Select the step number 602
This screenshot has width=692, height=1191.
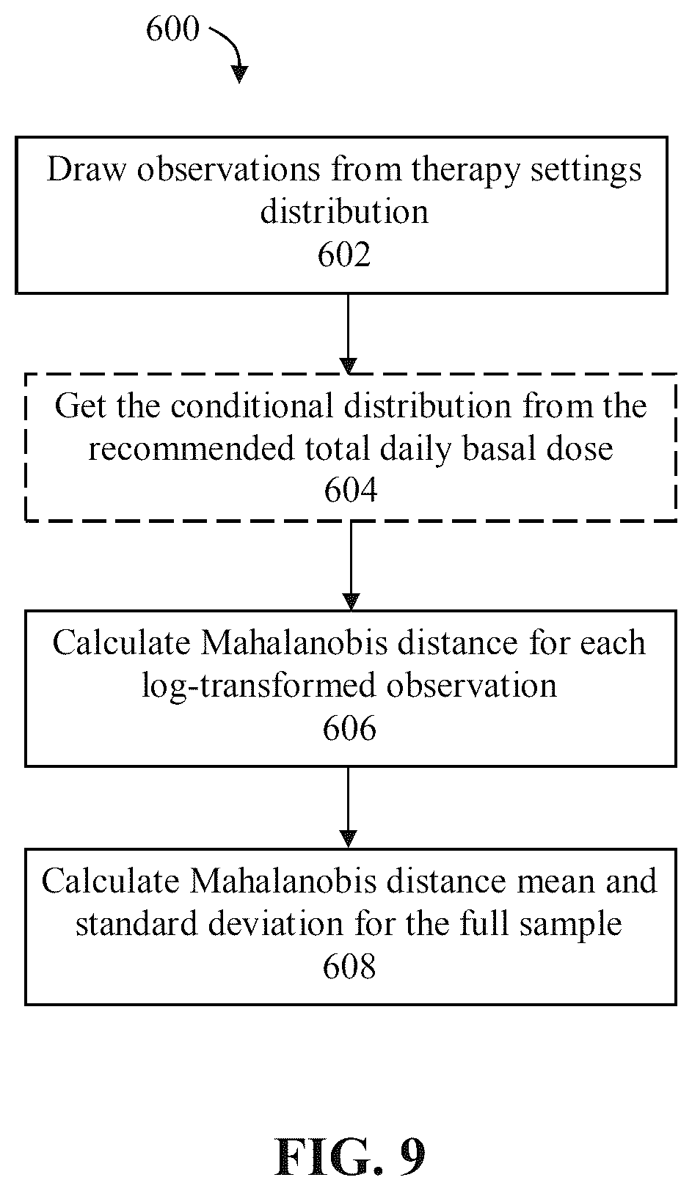click(x=343, y=254)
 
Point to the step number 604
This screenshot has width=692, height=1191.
click(x=351, y=490)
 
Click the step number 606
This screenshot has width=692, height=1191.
click(x=349, y=728)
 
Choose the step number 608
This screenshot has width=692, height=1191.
click(x=349, y=966)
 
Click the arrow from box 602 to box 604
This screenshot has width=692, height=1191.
click(x=348, y=334)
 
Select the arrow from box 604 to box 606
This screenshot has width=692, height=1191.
click(x=351, y=566)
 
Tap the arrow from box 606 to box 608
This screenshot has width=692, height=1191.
click(x=349, y=807)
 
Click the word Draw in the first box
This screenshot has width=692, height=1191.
click(x=87, y=169)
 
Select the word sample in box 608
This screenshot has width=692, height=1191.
click(x=570, y=926)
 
